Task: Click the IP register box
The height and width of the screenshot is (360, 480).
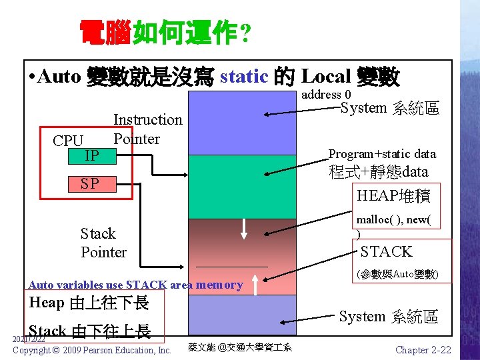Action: coord(92,156)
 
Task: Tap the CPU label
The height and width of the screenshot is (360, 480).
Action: coord(68,141)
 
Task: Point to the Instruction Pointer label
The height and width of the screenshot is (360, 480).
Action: coord(147,129)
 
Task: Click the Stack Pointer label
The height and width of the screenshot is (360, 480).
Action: coord(103,243)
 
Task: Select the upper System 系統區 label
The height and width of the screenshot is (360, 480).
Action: coord(389,108)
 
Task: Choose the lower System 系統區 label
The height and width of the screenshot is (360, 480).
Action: coord(388,317)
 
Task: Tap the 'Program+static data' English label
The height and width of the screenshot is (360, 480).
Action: coord(382,154)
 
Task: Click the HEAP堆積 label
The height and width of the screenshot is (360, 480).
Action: coord(393,195)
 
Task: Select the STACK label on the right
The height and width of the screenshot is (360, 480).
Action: coord(387,251)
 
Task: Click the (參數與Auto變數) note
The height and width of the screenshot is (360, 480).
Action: coord(397,274)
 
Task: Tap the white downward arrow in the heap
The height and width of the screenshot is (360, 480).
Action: coord(245,228)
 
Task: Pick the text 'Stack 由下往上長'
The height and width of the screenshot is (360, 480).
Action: coord(90,331)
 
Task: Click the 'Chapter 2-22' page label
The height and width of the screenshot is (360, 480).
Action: coord(423,350)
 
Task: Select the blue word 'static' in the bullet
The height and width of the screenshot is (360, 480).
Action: coord(243,77)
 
